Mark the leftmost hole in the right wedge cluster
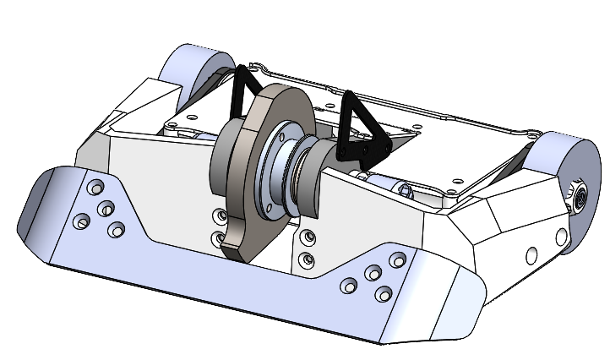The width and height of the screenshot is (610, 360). coord(347,286)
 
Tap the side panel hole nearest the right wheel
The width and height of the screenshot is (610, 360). coord(531,254)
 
